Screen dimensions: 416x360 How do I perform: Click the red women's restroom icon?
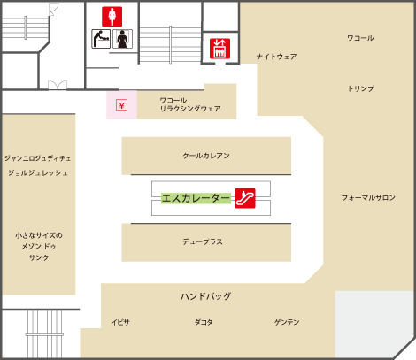pos(112,17)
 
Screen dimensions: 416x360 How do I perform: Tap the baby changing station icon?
pos(101,39)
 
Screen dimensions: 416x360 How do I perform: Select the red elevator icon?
pos(220,49)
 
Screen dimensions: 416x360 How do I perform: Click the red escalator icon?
pos(245,198)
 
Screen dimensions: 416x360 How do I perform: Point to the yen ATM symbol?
pos(121,105)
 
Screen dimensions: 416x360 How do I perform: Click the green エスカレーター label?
pos(196,198)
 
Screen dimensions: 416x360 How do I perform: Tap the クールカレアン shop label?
pos(206,156)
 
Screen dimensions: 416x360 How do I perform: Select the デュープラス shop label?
pos(203,241)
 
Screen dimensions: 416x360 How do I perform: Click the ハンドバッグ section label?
pos(206,296)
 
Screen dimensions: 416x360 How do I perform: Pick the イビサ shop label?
pos(120,322)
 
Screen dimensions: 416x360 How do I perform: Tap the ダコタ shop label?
pos(204,322)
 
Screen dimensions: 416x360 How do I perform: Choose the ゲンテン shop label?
pos(287,322)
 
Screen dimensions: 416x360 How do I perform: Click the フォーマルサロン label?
pos(368,197)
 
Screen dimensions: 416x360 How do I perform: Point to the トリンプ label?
pos(360,88)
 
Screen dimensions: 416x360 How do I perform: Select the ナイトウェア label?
pos(276,57)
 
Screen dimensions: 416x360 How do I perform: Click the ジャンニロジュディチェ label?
pos(38,158)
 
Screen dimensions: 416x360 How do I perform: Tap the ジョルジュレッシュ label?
pos(38,172)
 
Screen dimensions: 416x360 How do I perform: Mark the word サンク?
pos(39,257)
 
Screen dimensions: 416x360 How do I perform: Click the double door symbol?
pos(58,85)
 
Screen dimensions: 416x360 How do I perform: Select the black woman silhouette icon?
pos(122,39)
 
